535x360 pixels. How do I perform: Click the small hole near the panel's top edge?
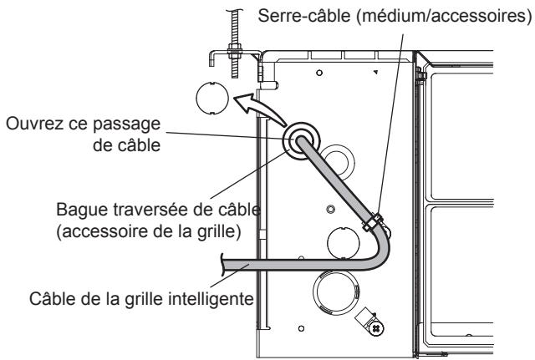pos(319,74)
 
